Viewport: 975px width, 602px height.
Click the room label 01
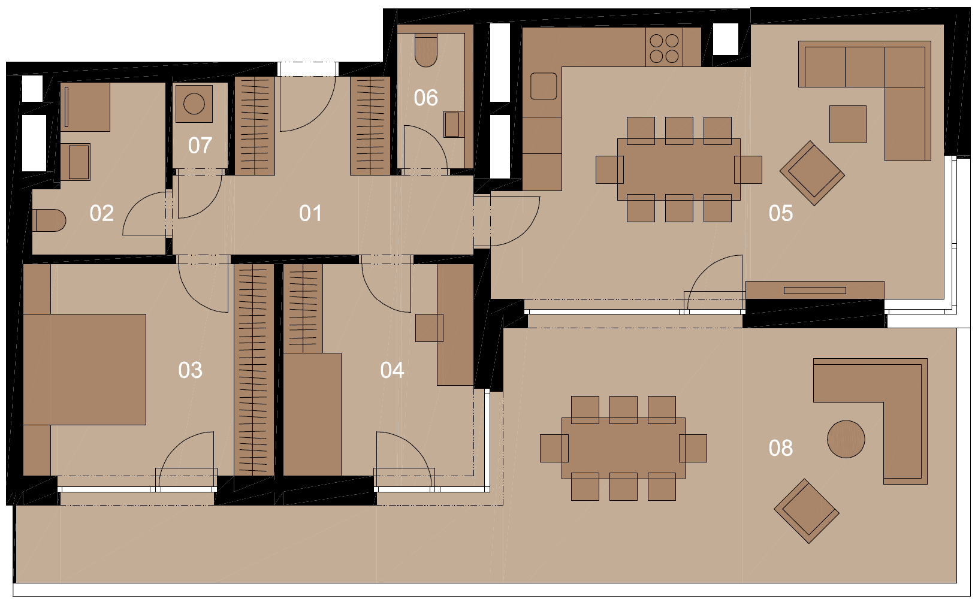pos(310,214)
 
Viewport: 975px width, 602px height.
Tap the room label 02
pos(101,214)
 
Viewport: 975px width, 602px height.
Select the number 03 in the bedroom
pos(190,370)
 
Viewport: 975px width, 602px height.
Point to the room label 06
pos(425,98)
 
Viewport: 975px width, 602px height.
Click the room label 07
pos(200,146)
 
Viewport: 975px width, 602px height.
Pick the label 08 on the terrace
pos(780,448)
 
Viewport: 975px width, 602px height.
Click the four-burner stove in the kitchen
pos(664,49)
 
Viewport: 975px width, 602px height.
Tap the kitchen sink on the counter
pos(544,86)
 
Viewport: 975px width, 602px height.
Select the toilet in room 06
pos(425,50)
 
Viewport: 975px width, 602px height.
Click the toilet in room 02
pos(49,220)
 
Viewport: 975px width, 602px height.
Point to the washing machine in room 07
pos(194,104)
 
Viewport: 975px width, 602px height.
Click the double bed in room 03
pos(84,370)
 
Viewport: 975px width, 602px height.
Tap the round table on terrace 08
pos(846,439)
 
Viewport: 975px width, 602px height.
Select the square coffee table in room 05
pos(847,124)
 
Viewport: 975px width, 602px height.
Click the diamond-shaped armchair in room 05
pos(812,173)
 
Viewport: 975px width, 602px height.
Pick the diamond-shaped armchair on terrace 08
pos(807,511)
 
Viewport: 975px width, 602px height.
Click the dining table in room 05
pos(678,169)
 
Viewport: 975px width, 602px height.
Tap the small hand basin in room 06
pos(452,125)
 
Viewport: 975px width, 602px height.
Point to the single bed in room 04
pos(312,414)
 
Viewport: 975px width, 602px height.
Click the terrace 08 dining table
pos(623,448)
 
